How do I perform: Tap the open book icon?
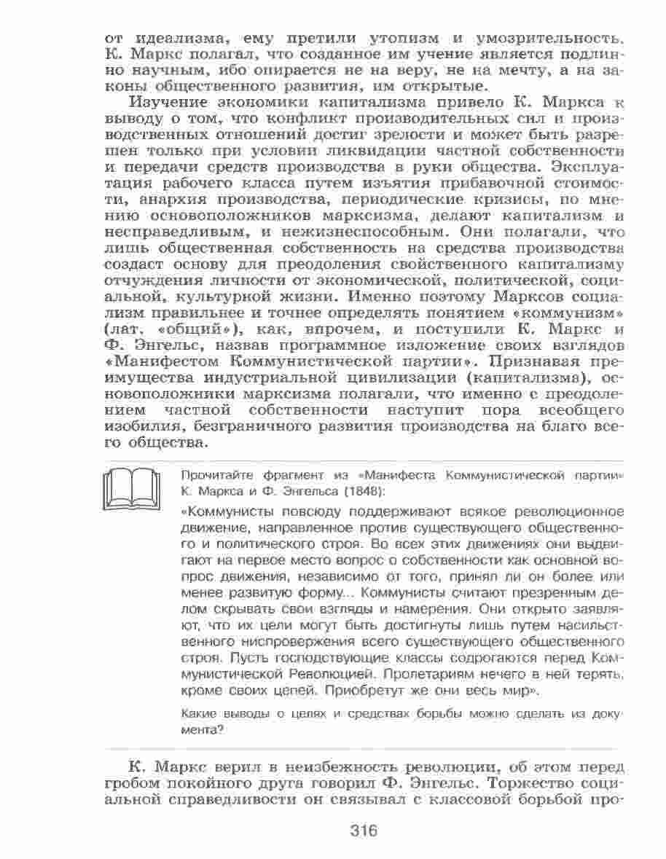point(132,488)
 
